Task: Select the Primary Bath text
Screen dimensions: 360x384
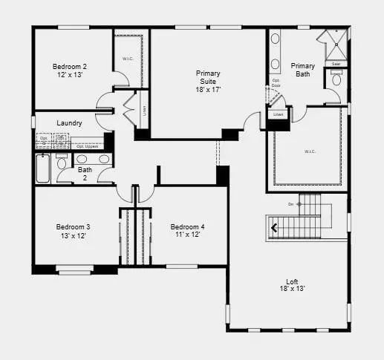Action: coord(302,70)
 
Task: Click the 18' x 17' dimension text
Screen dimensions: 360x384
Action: coord(208,89)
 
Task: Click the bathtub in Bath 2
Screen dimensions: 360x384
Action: coord(43,169)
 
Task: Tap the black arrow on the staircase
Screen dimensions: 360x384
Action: coord(275,228)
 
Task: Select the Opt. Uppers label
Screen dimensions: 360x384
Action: coord(88,147)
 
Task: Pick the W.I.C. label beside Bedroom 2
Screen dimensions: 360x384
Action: coord(127,59)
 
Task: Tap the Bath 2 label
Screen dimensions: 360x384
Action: coord(85,173)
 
